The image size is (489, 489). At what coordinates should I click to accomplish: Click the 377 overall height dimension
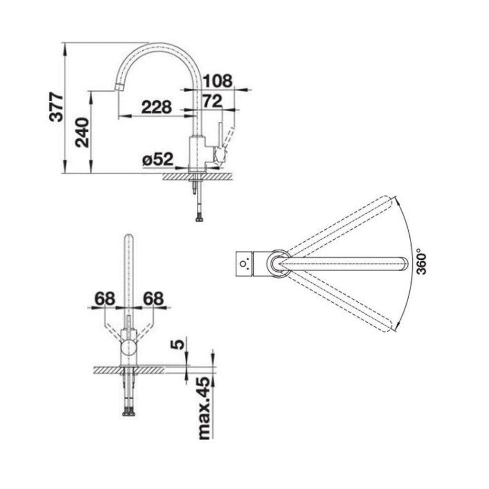[57, 107]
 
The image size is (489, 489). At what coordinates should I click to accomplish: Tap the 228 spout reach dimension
[156, 107]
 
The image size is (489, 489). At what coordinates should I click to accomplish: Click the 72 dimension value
[212, 101]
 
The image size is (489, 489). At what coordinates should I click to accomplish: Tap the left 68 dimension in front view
[105, 299]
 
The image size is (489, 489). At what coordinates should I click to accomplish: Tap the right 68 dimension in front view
[153, 299]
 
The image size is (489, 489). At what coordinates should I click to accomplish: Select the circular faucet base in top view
[278, 263]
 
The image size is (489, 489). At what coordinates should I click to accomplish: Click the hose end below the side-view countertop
[199, 218]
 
